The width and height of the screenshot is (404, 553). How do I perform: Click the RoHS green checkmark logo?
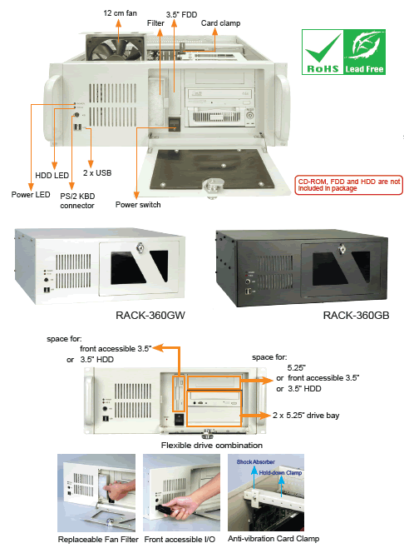pyautogui.click(x=323, y=52)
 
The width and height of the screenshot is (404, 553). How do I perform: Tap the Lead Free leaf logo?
pyautogui.click(x=364, y=52)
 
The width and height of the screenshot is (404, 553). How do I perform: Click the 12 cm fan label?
pyautogui.click(x=120, y=13)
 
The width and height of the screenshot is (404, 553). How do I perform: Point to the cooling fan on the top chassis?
pyautogui.click(x=115, y=46)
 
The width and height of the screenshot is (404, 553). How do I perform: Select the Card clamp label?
pyautogui.click(x=220, y=23)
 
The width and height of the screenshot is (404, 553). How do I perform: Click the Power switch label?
pyautogui.click(x=138, y=205)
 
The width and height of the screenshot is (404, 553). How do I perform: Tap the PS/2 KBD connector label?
pyautogui.click(x=77, y=201)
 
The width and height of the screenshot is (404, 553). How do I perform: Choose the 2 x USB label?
pyautogui.click(x=97, y=173)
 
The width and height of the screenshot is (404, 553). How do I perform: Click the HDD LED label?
pyautogui.click(x=52, y=175)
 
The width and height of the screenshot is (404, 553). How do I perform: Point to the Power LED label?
pyautogui.click(x=31, y=195)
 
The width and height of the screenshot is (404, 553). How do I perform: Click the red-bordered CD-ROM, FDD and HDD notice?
pyautogui.click(x=349, y=185)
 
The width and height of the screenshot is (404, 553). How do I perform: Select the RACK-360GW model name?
pyautogui.click(x=150, y=315)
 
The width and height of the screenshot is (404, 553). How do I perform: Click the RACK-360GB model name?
pyautogui.click(x=356, y=315)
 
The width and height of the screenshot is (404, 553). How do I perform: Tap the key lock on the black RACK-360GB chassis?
pyautogui.click(x=342, y=249)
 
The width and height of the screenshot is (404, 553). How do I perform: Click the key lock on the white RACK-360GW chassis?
pyautogui.click(x=140, y=247)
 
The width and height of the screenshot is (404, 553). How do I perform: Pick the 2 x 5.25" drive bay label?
pyautogui.click(x=306, y=415)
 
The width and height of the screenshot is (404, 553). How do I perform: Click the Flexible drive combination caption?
pyautogui.click(x=212, y=445)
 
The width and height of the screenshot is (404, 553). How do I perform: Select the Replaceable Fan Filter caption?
pyautogui.click(x=98, y=539)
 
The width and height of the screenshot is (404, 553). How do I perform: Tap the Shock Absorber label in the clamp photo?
pyautogui.click(x=255, y=461)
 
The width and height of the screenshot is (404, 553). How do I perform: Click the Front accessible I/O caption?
pyautogui.click(x=180, y=539)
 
